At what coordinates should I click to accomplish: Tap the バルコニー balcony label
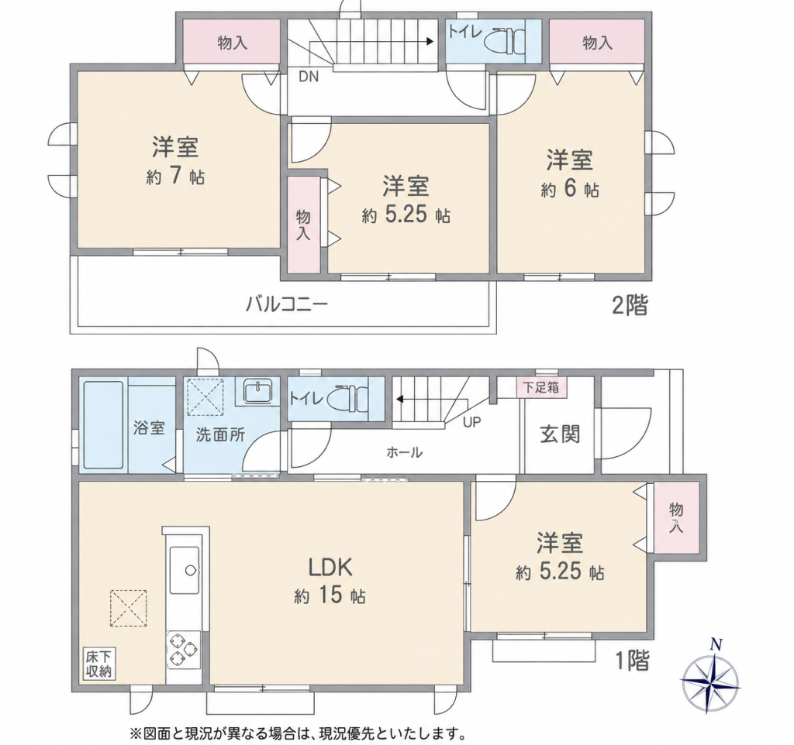coord(287,304)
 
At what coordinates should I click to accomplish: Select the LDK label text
coord(330,568)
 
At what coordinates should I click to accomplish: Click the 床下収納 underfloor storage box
coord(98,664)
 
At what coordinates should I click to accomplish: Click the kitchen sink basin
coord(185,569)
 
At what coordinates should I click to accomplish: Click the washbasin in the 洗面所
coord(259,390)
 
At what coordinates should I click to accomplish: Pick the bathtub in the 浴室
coord(103,425)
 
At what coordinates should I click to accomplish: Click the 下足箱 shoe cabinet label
coord(541,387)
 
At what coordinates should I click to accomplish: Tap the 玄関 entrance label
coord(560,434)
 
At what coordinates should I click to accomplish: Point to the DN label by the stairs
coord(309,77)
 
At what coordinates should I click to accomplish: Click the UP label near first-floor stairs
coord(472,422)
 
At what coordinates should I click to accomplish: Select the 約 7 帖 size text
coord(176,177)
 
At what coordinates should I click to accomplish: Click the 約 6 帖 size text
coord(570,189)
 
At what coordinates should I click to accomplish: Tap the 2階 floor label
coord(630,305)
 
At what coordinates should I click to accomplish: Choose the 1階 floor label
coord(632,660)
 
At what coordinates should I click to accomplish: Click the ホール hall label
coord(404,452)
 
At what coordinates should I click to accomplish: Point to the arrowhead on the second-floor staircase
coord(430,42)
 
